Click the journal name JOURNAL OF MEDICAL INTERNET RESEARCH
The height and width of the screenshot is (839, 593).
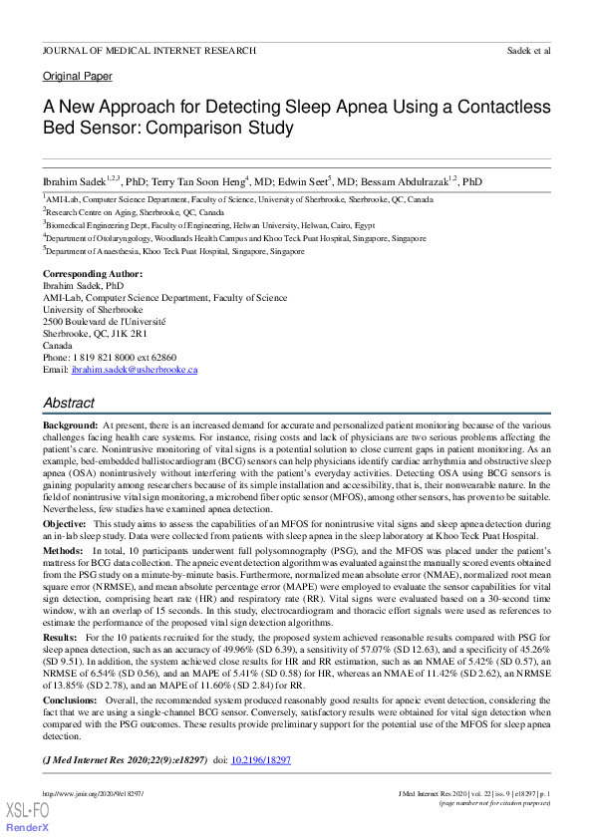tap(148, 50)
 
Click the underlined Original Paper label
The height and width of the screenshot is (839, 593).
tap(78, 77)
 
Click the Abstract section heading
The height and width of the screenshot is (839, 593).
tap(69, 404)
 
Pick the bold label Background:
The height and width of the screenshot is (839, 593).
tap(70, 425)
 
